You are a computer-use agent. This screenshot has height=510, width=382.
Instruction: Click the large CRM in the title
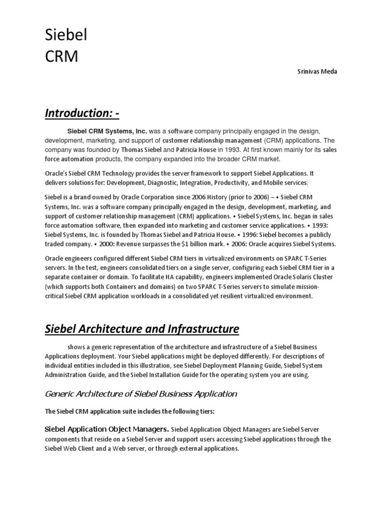61,56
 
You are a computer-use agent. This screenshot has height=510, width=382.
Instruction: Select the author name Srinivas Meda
317,71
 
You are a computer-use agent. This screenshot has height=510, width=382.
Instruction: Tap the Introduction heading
82,114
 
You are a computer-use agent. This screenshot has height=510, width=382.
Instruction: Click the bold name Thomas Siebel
141,149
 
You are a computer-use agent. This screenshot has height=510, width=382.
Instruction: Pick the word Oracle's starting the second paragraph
57,173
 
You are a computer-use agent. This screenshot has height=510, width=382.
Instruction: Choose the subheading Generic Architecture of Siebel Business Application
141,393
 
